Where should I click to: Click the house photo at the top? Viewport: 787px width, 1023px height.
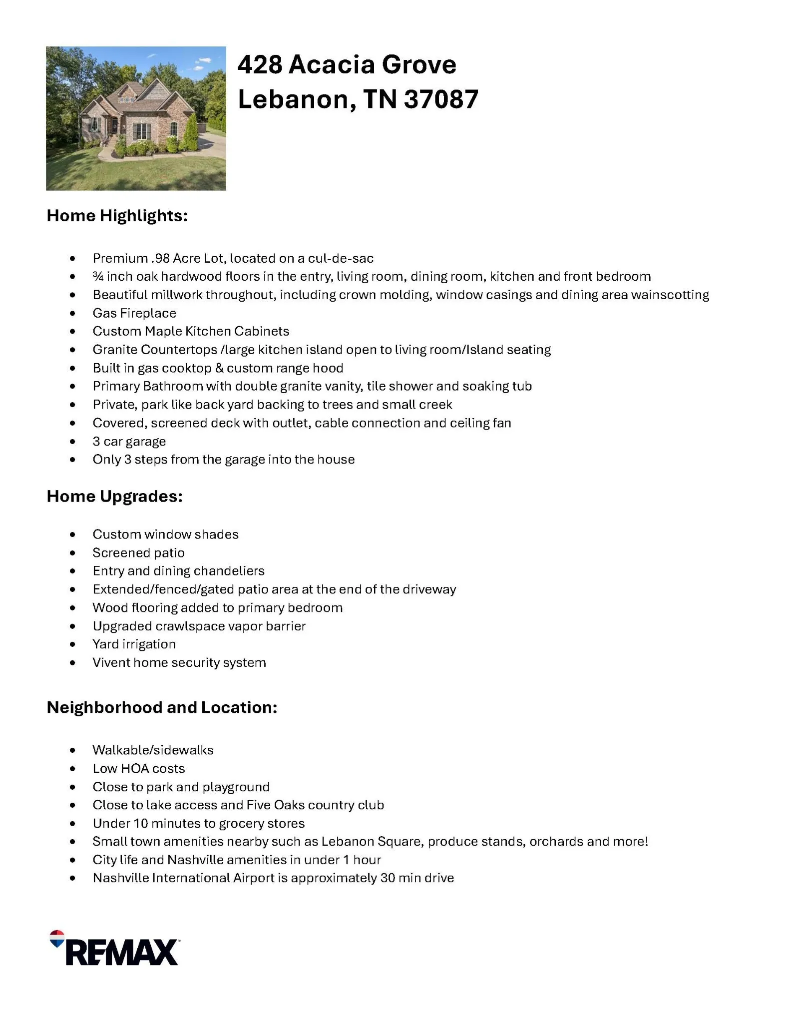click(x=136, y=118)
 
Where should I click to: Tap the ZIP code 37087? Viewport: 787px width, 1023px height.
click(x=441, y=99)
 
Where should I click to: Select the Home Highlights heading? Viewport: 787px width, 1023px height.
click(x=117, y=216)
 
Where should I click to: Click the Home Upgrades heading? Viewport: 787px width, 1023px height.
click(x=114, y=496)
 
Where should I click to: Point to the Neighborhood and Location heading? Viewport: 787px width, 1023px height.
click(x=162, y=707)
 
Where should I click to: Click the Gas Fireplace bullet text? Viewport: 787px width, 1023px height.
click(x=134, y=313)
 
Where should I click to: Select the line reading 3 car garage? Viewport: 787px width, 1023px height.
click(x=129, y=442)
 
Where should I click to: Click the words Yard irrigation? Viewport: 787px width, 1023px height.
click(x=134, y=644)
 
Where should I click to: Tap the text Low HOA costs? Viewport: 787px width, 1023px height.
click(x=138, y=769)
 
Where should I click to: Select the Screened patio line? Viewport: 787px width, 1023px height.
click(x=138, y=553)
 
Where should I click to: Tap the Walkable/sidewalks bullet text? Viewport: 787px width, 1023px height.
click(x=153, y=750)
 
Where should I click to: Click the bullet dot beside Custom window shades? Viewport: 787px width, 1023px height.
click(x=73, y=535)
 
